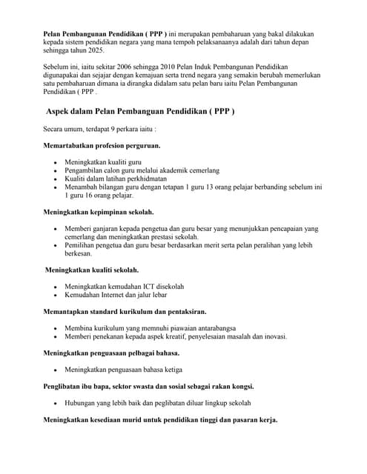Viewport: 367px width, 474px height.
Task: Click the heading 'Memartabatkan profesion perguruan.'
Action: [102, 145]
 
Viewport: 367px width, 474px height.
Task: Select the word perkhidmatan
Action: [142, 178]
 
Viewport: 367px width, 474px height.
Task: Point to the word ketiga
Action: [168, 369]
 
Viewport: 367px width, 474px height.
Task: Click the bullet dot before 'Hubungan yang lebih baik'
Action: [56, 404]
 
